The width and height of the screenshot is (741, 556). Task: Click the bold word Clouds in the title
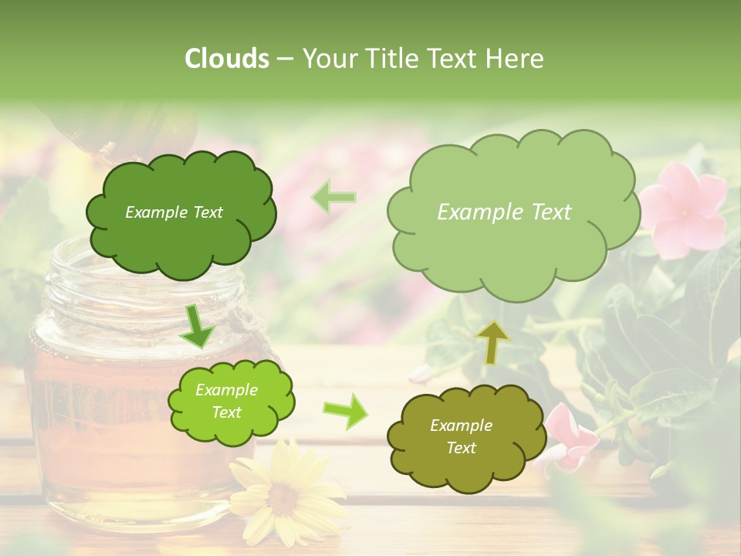pos(227,59)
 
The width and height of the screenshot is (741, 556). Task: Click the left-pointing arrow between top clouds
pos(333,197)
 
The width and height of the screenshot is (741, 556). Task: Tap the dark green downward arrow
pos(197,326)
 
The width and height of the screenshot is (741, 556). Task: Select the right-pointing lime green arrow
pos(345,411)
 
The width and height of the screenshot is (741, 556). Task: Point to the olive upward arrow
pos(492,341)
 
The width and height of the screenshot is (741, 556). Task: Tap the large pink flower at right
pos(683,207)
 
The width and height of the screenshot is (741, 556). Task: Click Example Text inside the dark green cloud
pos(174,212)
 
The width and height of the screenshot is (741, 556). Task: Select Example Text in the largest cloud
pos(504,212)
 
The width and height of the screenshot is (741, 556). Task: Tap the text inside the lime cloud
pos(227,401)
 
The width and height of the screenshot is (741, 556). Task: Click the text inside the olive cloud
pos(461,436)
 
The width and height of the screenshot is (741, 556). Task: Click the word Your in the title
pos(327,59)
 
